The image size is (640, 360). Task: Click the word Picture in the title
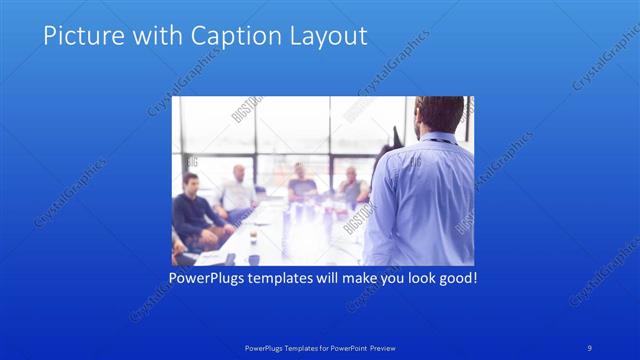pyautogui.click(x=78, y=37)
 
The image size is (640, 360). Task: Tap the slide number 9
pyautogui.click(x=590, y=347)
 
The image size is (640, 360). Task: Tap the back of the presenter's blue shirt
pyautogui.click(x=420, y=200)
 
